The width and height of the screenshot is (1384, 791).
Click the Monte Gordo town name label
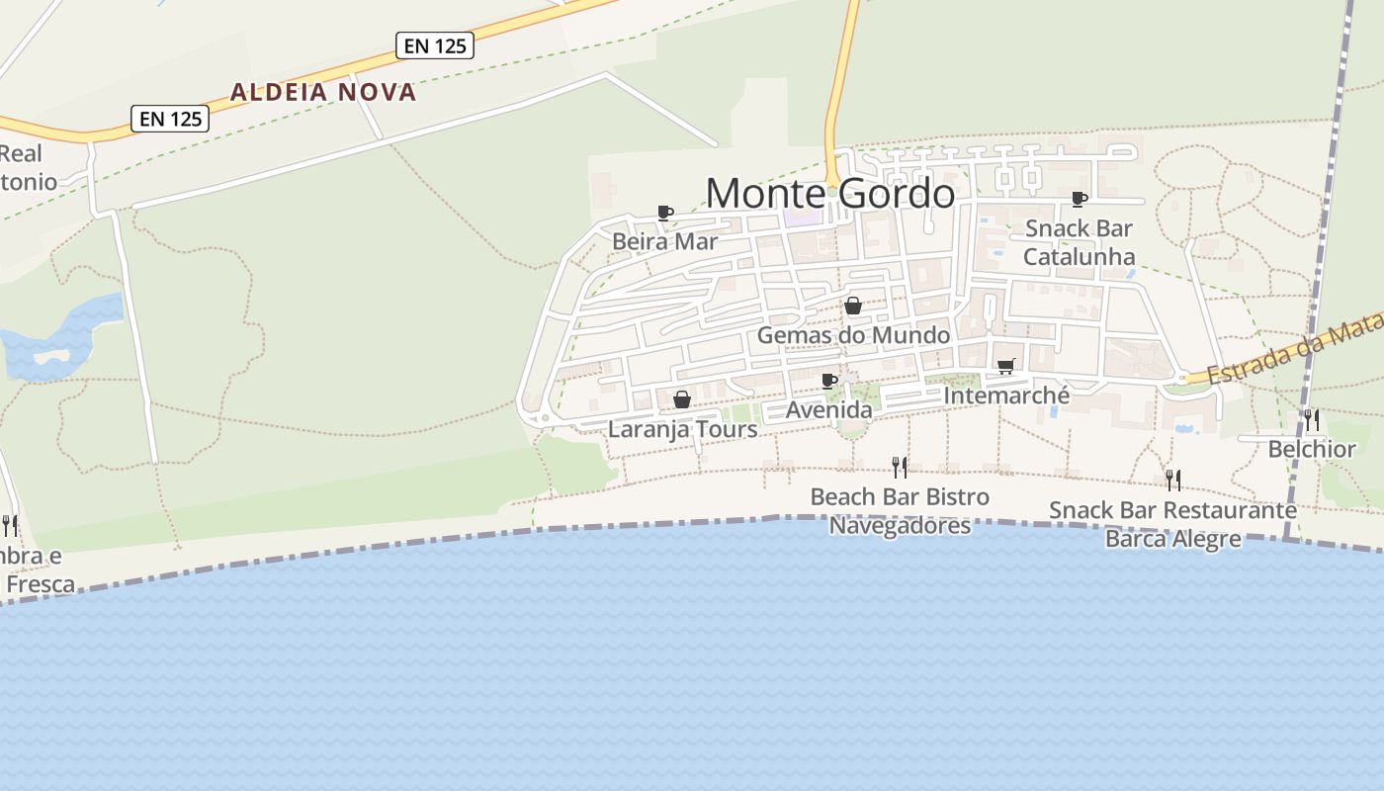830,193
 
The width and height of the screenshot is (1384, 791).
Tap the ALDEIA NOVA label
323,92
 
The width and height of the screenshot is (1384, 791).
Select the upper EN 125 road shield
435,45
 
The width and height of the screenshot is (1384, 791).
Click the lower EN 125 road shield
171,119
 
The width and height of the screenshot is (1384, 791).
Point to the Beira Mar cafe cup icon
665,213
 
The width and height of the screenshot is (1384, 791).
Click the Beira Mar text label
664,241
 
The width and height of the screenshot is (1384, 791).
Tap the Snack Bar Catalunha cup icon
1080,200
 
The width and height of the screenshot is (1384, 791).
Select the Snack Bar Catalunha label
1079,242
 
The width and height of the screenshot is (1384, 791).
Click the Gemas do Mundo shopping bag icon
853,307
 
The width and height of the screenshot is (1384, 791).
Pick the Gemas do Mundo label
853,335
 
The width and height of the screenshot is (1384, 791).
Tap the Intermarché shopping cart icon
1006,367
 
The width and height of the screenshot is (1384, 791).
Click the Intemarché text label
1006,395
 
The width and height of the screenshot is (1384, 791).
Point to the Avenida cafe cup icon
829,381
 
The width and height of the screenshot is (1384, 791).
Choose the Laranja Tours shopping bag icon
682,399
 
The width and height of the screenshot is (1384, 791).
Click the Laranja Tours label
682,429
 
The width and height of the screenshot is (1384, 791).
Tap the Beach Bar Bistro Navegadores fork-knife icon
900,467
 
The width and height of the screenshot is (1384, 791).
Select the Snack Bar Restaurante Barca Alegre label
1172,524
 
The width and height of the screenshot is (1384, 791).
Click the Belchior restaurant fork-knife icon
1312,420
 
